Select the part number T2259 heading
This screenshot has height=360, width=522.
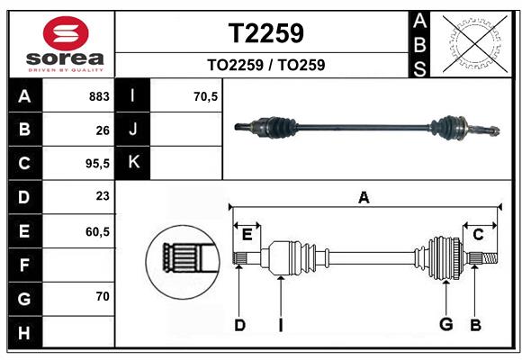[x=265, y=33]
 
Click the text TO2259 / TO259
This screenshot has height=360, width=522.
[x=265, y=65]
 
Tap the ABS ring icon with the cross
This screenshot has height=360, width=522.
[x=472, y=43]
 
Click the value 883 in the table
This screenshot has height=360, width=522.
[x=98, y=96]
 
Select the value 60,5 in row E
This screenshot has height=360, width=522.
[x=96, y=231]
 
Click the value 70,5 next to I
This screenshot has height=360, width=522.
[x=206, y=96]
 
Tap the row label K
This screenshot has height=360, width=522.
[x=133, y=163]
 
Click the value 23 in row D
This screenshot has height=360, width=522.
[x=102, y=197]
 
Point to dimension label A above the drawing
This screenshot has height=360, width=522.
[x=364, y=198]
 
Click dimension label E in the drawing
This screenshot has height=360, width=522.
[x=247, y=235]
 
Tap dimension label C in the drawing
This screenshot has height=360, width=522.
[x=479, y=235]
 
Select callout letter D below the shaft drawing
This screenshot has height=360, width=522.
[x=239, y=325]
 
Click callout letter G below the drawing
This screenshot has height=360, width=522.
[x=444, y=325]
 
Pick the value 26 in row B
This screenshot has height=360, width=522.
[x=102, y=130]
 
